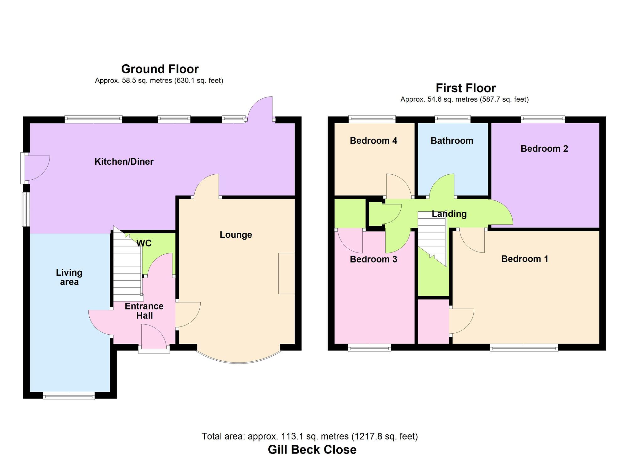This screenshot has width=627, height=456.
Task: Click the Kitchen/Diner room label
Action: tap(124, 162)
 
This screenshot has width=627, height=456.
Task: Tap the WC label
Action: tap(144, 243)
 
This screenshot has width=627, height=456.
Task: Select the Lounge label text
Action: tap(236, 235)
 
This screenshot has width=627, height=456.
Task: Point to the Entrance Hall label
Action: tap(144, 311)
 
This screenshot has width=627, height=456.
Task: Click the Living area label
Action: tap(69, 277)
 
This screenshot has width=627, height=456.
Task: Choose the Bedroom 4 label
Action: tap(373, 141)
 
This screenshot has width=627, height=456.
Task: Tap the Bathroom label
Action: tap(452, 141)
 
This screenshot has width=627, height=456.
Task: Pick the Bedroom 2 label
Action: tap(544, 149)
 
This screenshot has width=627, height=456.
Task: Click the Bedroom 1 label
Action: tap(525, 259)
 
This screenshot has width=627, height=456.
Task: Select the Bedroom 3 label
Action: tap(373, 259)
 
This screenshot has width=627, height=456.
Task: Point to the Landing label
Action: tap(449, 214)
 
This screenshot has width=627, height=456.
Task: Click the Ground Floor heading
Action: tap(160, 69)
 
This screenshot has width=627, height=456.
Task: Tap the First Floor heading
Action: tap(466, 88)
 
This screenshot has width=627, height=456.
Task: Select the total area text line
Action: tap(309, 436)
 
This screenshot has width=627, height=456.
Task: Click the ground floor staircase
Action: tap(127, 270)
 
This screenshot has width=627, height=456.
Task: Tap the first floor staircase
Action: tap(432, 235)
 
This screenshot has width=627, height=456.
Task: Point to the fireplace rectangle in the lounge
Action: tap(287, 273)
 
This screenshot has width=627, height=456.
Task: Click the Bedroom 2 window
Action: tap(543, 119)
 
